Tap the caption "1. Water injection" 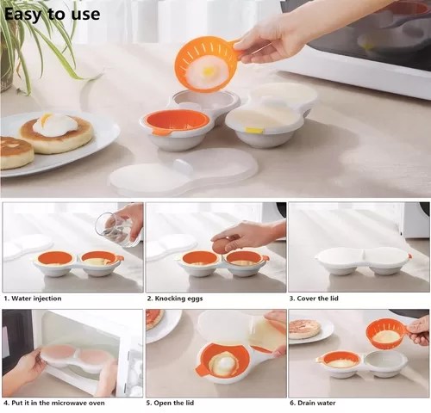pyautogui.click(x=33, y=299)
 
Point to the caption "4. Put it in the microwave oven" pyautogui.click(x=54, y=403)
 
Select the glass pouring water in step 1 pyautogui.click(x=117, y=229)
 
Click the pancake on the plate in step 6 pyautogui.click(x=303, y=328)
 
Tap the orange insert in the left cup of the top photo pyautogui.click(x=177, y=120)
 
